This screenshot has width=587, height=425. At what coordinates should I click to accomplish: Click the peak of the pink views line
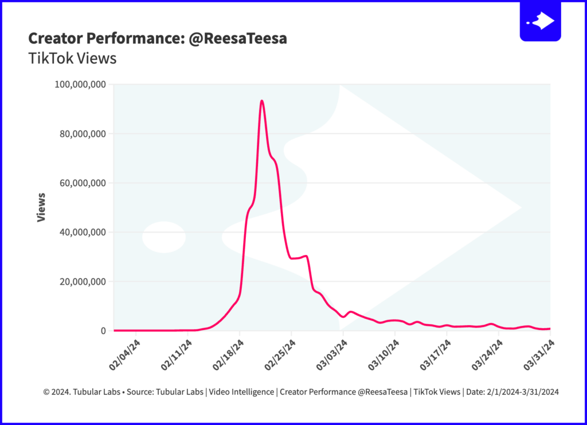(x=262, y=101)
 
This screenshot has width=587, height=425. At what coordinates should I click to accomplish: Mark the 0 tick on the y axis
(x=103, y=331)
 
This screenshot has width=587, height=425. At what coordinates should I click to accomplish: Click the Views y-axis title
(x=41, y=207)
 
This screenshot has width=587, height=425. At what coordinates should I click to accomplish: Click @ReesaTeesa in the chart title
(x=238, y=38)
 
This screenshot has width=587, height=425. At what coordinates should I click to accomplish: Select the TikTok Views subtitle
(x=72, y=58)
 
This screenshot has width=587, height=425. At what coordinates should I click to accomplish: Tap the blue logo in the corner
(x=540, y=21)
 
